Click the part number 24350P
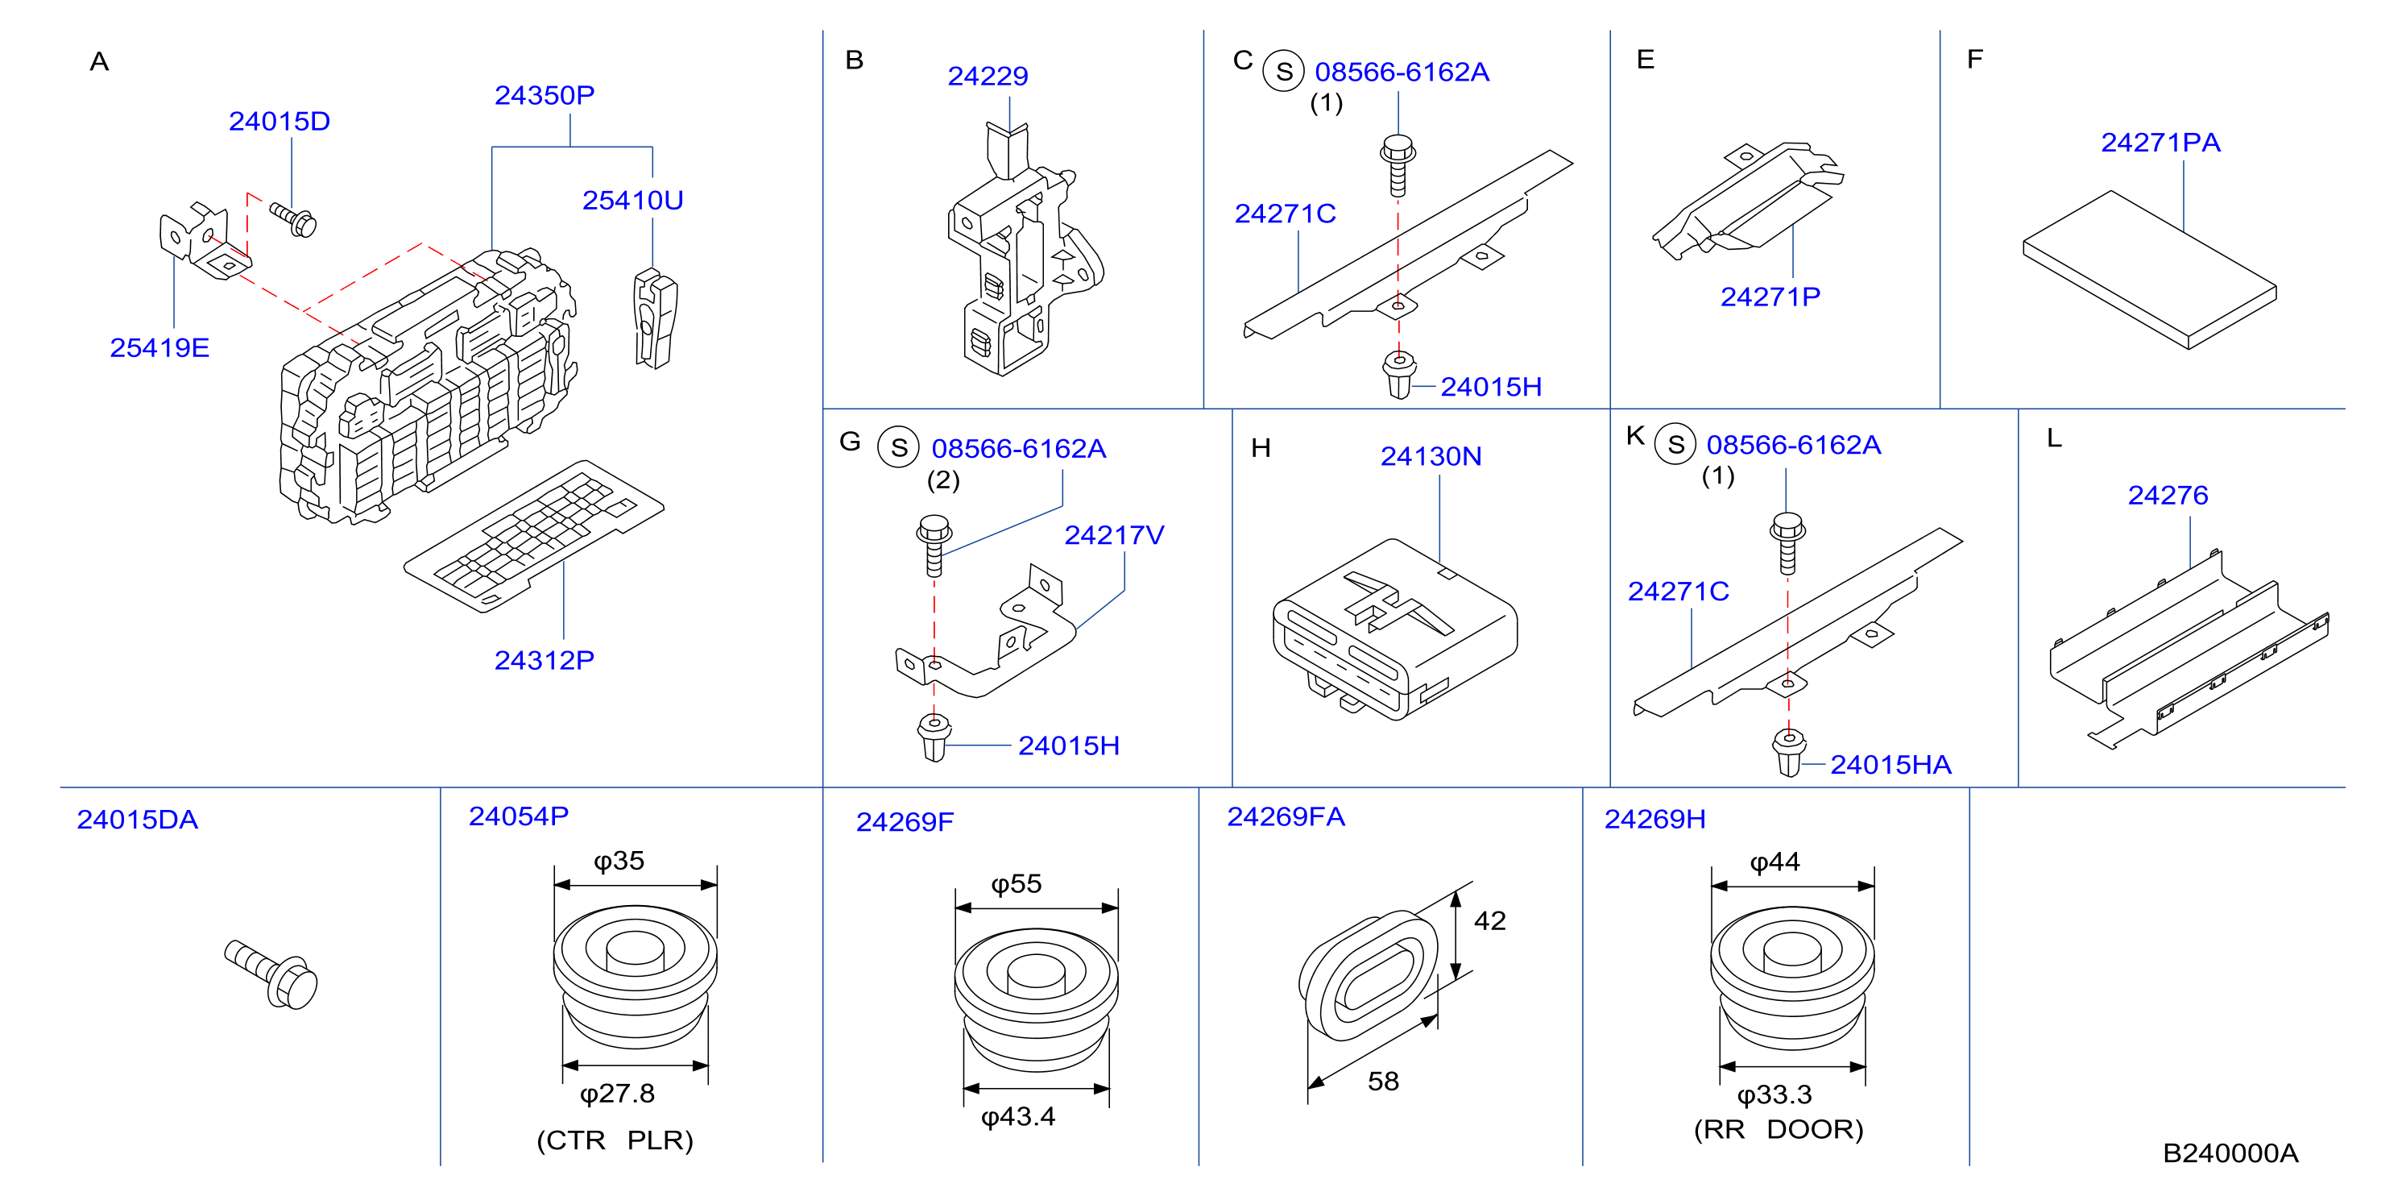click(545, 95)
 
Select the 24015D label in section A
click(280, 122)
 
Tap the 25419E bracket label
click(159, 347)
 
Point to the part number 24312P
click(545, 661)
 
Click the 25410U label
click(632, 200)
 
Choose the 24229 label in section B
click(988, 76)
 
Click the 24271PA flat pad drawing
click(2150, 270)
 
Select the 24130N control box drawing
click(1394, 629)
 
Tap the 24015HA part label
click(1890, 764)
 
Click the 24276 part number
click(2168, 495)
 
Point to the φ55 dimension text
click(1017, 884)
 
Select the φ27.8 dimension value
click(617, 1093)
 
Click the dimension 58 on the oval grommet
click(1383, 1081)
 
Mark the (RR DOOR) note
click(1779, 1130)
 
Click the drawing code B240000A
click(2230, 1153)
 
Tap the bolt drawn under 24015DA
click(271, 974)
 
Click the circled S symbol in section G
click(898, 448)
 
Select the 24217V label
click(1114, 535)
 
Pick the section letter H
click(1261, 448)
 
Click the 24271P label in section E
click(1770, 297)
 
